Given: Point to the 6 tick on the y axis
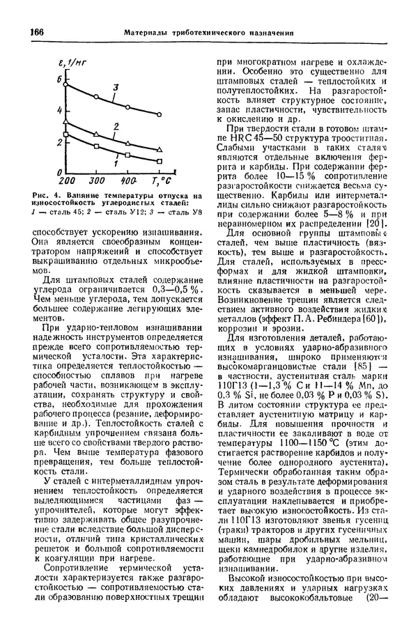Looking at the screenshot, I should click(59, 80).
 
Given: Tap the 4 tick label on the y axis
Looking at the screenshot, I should click(59, 111).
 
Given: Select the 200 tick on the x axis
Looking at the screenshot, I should click(67, 180).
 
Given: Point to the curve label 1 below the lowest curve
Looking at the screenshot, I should click(114, 164).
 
